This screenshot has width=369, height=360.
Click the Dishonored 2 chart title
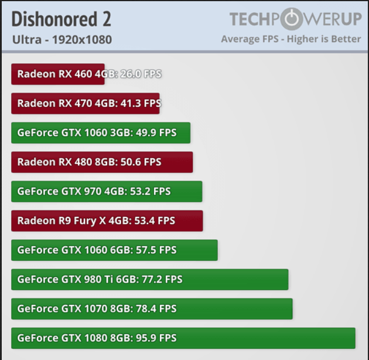[61, 19]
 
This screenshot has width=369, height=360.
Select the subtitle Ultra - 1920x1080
[61, 40]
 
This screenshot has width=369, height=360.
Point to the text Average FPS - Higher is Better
[291, 39]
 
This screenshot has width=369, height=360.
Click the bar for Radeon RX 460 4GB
[57, 74]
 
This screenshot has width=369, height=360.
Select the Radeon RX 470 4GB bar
[85, 104]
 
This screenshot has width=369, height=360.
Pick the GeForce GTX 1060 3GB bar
[100, 133]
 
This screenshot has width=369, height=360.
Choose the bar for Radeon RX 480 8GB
[101, 162]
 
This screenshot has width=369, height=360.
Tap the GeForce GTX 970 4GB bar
[106, 192]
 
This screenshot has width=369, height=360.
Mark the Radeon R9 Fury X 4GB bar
[107, 221]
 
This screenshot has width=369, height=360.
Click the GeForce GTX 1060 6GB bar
[114, 250]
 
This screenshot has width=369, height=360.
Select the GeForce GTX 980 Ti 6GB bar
[149, 280]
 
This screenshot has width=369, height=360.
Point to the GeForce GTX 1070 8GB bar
[151, 309]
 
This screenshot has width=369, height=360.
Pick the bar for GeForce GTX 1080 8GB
[183, 338]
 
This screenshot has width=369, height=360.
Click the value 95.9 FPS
[155, 338]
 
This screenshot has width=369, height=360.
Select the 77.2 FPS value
[162, 280]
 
